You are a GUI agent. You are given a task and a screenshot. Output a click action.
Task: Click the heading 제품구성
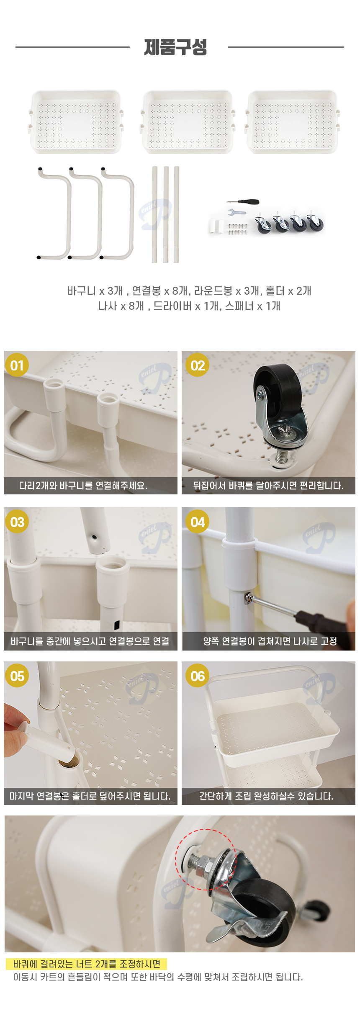175,47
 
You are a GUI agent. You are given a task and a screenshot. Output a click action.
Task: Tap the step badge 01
17,365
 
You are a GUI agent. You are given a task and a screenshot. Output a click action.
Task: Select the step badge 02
198,365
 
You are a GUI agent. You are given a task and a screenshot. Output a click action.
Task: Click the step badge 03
17,522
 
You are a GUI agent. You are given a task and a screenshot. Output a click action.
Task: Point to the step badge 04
198,522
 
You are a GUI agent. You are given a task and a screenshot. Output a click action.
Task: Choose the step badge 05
17,676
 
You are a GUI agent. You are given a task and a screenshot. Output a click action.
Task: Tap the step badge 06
198,676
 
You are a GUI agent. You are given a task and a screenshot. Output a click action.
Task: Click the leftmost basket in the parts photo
76,122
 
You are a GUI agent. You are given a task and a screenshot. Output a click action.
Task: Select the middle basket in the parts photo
187,122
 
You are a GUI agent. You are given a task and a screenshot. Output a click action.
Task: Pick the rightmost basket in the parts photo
292,122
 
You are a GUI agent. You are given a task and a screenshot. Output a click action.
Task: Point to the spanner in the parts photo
237,212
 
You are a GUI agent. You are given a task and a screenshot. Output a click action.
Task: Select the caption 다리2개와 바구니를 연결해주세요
83,486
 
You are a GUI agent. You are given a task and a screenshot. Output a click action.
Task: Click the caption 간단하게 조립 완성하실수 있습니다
266,796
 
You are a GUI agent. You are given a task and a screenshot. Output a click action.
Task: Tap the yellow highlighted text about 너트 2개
87,964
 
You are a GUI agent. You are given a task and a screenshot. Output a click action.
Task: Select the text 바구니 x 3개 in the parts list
95,291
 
